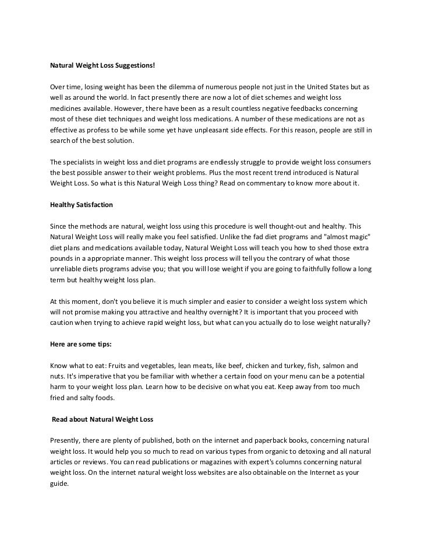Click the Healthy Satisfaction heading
(x=81, y=205)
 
